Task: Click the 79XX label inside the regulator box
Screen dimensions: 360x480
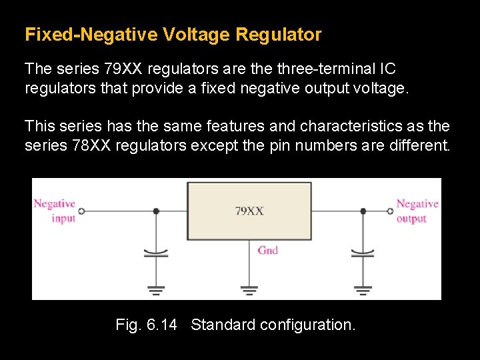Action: (x=249, y=211)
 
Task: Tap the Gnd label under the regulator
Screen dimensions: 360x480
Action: (x=268, y=250)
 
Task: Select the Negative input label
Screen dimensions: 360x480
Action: (x=55, y=211)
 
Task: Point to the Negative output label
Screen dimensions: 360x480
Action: (x=417, y=211)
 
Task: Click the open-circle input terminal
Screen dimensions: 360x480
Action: (x=81, y=211)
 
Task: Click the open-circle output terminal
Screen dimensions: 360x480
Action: (x=391, y=211)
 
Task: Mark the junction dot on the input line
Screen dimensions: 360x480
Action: (x=156, y=211)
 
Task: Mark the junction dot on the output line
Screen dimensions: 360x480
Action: (x=363, y=211)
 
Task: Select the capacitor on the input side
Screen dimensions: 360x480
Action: (x=156, y=253)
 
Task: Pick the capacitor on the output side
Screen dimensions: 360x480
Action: (x=363, y=253)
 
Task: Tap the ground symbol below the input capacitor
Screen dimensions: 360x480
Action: (x=156, y=290)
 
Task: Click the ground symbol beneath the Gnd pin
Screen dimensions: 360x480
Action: (x=249, y=290)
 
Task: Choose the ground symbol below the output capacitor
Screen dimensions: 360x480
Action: (x=363, y=290)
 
